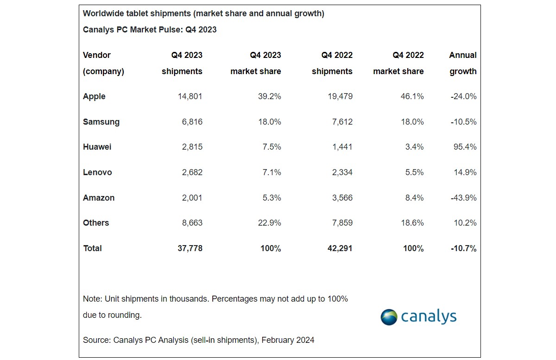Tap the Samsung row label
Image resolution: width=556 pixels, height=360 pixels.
[x=101, y=122]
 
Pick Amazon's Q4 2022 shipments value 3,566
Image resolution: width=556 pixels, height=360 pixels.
[x=339, y=198]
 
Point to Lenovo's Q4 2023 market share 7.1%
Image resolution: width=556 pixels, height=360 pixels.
[x=270, y=172]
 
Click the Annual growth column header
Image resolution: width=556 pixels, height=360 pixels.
[x=462, y=63]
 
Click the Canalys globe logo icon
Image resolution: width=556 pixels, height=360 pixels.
[x=389, y=317]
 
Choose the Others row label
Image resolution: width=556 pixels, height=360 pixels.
[x=96, y=223]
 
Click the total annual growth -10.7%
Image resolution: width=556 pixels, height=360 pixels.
[x=464, y=248]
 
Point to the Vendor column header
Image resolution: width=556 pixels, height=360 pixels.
[x=97, y=55]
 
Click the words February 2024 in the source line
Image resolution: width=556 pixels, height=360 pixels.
[x=288, y=340]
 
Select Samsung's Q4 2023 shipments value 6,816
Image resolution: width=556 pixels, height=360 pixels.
[x=191, y=122]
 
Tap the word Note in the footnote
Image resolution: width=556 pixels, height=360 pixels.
[x=92, y=299]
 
